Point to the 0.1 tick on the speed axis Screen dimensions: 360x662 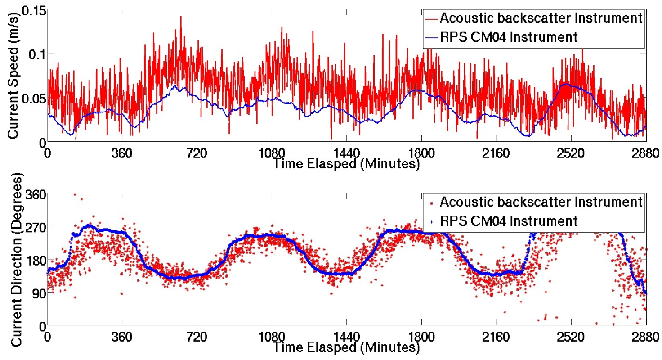[36, 54]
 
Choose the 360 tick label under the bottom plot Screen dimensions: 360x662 [122, 336]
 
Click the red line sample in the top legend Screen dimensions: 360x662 [431, 18]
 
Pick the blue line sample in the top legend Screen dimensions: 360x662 [431, 37]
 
